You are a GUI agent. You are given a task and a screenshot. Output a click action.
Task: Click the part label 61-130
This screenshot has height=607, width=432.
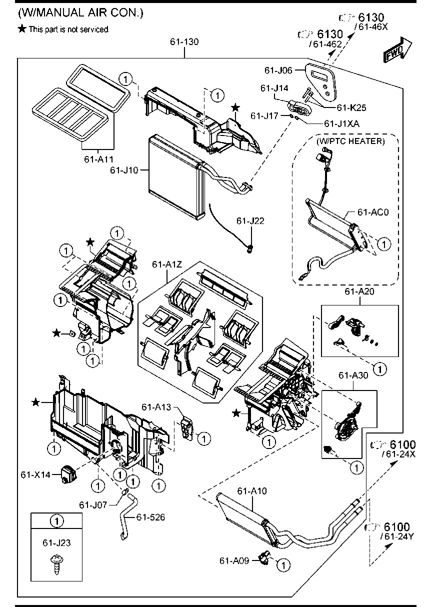point(184,42)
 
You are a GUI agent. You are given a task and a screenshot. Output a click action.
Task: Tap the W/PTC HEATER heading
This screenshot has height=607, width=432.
point(350,141)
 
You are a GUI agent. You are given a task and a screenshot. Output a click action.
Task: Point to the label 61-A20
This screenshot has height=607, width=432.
point(359,292)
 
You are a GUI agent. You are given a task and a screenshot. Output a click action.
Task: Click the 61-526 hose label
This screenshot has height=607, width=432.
point(150,517)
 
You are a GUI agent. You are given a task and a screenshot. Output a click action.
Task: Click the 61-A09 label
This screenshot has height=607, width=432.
point(234,560)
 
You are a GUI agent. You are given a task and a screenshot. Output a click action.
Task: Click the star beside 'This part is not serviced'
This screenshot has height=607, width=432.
point(21,29)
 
